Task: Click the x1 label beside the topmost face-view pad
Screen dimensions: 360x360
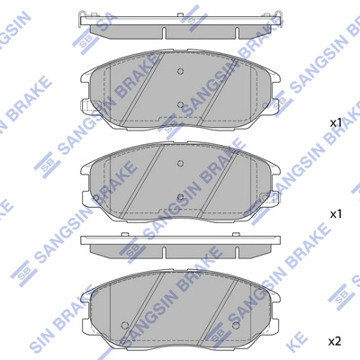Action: coord(336,122)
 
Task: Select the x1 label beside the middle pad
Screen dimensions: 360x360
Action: coord(336,214)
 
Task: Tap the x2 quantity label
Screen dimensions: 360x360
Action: coord(336,341)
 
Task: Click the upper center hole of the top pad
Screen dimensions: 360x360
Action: coord(180,71)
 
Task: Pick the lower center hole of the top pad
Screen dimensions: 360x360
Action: coord(180,104)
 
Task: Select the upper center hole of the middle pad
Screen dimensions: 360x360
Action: coord(180,163)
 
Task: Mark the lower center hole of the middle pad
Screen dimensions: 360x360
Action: coord(180,197)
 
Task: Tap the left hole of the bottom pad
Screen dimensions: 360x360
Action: coord(124,325)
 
